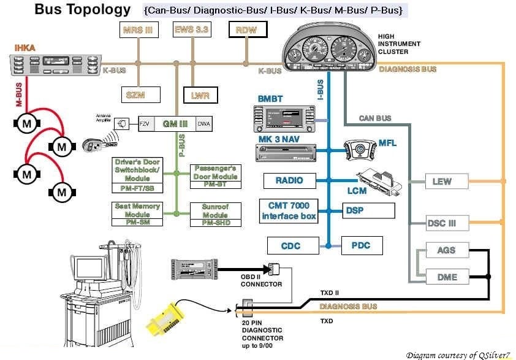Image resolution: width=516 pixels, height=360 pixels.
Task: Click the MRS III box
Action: click(138, 29)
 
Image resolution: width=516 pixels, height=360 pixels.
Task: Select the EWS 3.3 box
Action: click(192, 29)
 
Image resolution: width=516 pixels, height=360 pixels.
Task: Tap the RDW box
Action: click(246, 29)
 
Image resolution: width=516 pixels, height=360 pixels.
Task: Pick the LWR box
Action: click(200, 95)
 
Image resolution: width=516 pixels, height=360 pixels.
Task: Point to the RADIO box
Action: click(289, 181)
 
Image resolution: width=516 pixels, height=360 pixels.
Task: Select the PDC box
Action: click(361, 246)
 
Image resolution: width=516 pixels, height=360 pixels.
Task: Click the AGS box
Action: click(446, 251)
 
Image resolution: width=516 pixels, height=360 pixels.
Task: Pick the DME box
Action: click(447, 277)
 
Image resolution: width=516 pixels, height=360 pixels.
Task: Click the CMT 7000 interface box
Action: click(289, 211)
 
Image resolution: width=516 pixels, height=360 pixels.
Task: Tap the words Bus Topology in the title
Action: click(83, 9)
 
